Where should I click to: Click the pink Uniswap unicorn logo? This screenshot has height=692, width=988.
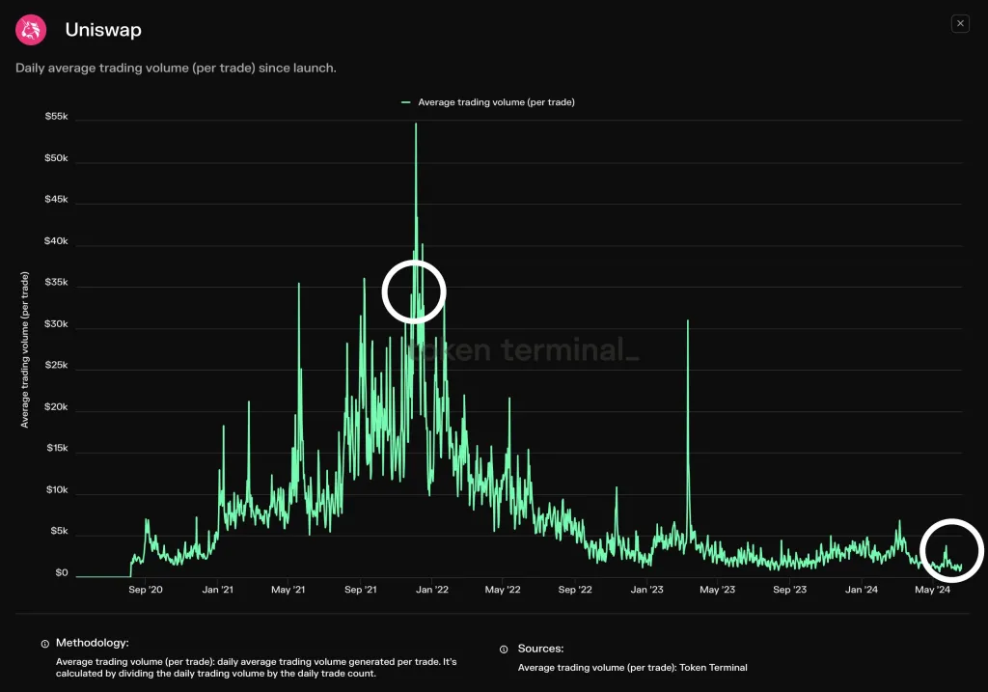pos(31,30)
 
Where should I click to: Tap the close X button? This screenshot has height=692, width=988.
pos(959,23)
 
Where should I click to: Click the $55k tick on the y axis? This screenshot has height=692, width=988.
pos(56,117)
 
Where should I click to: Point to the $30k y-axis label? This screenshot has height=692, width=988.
pos(56,324)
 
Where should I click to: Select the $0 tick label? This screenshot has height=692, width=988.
pos(61,573)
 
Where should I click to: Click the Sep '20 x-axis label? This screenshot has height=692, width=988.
pos(146,590)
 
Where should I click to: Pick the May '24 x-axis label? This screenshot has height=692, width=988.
pos(932,590)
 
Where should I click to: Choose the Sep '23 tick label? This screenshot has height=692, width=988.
pos(789,590)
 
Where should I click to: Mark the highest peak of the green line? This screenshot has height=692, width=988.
pos(416,125)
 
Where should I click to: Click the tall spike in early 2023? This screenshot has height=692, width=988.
pos(688,322)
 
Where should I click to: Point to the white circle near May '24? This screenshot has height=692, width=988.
pos(950,550)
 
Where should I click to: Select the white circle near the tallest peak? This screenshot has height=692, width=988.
pos(414,291)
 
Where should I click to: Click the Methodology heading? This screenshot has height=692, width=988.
pos(92,642)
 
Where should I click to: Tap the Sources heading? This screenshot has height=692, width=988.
pos(540,649)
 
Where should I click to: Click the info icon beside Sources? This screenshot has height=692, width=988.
pos(504,650)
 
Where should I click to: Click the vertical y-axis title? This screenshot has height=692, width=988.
pos(25,349)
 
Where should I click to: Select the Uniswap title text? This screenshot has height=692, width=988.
pos(103,30)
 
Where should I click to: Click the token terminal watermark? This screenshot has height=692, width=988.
pos(521,350)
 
